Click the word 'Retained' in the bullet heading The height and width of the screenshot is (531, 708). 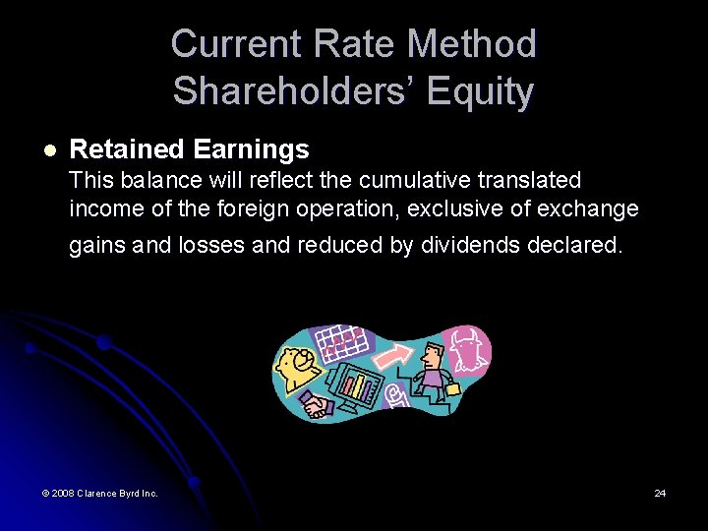click(127, 149)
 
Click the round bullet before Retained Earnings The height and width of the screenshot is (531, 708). click(50, 150)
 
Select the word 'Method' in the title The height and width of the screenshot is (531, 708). click(472, 44)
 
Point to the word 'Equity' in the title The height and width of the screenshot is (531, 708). click(481, 91)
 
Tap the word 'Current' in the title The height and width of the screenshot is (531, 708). click(236, 44)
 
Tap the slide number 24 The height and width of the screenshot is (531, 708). click(660, 493)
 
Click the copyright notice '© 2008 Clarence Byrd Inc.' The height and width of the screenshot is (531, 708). click(99, 493)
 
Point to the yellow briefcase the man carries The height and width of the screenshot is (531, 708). click(453, 388)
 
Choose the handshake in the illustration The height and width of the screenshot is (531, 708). click(316, 404)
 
